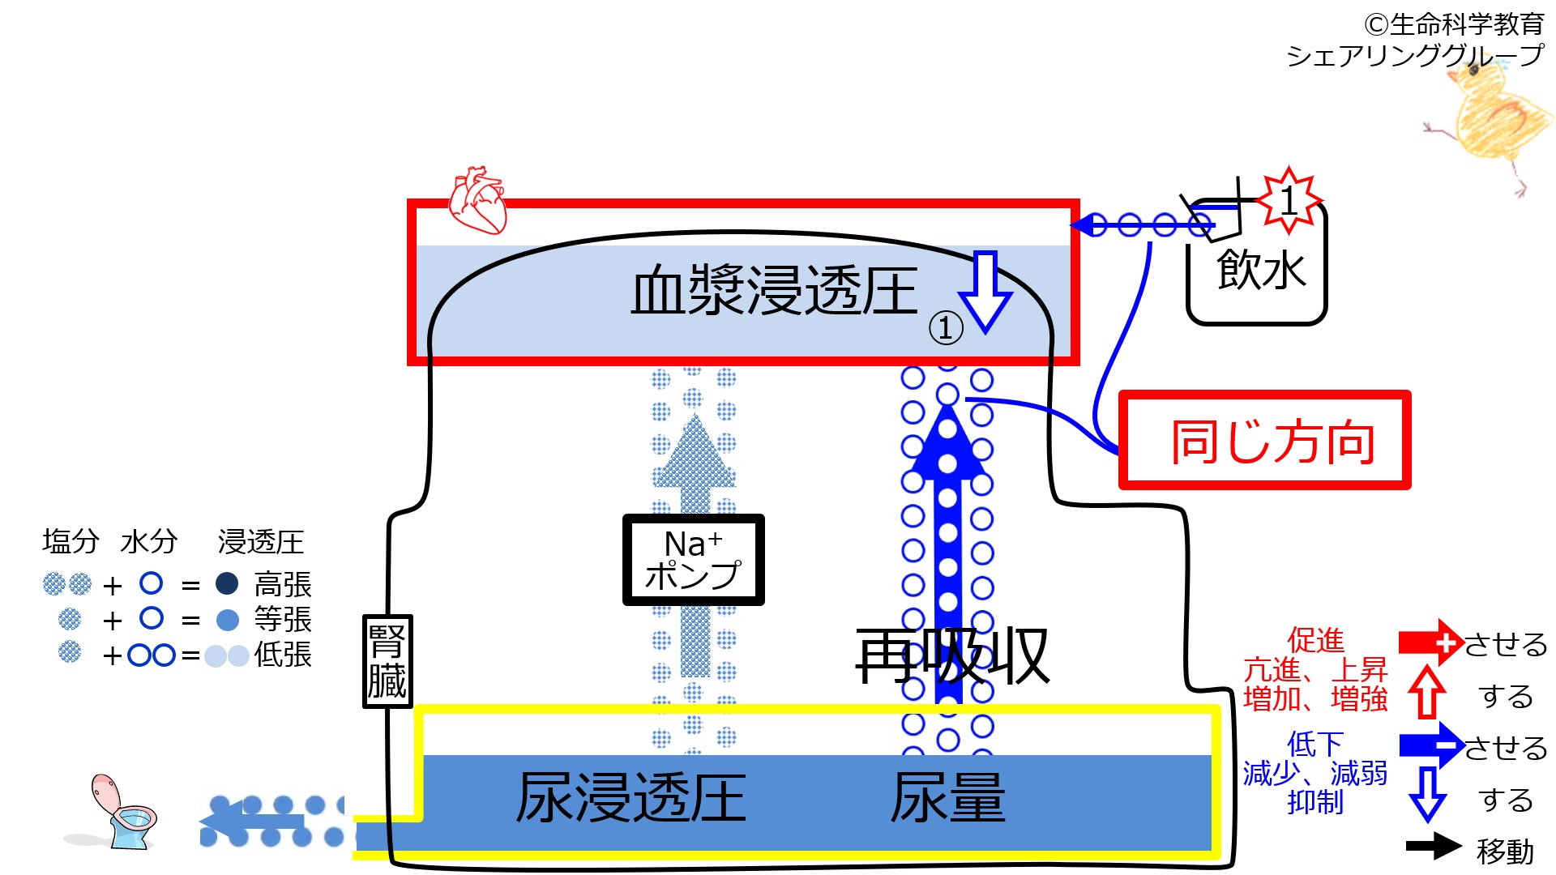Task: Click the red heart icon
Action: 478,200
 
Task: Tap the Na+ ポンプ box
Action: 693,560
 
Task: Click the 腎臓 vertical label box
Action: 387,661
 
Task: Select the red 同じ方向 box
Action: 1264,441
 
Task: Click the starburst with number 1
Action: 1289,198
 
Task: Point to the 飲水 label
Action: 1260,270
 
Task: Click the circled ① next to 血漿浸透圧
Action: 946,328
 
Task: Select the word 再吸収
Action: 952,656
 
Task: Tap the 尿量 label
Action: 947,798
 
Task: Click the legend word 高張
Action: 282,584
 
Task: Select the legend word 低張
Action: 282,655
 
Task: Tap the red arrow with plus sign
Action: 1431,642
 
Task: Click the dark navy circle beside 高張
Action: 227,583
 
